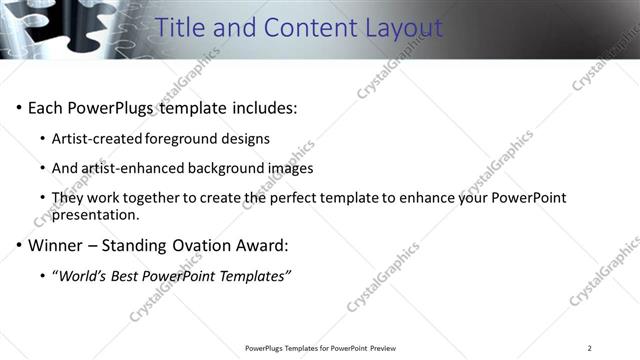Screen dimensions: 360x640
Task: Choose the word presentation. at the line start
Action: pyautogui.click(x=96, y=214)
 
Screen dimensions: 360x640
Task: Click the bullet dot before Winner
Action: pyautogui.click(x=19, y=245)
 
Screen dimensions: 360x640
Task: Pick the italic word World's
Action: pyautogui.click(x=83, y=275)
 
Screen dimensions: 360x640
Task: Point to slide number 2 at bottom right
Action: pyautogui.click(x=589, y=348)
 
